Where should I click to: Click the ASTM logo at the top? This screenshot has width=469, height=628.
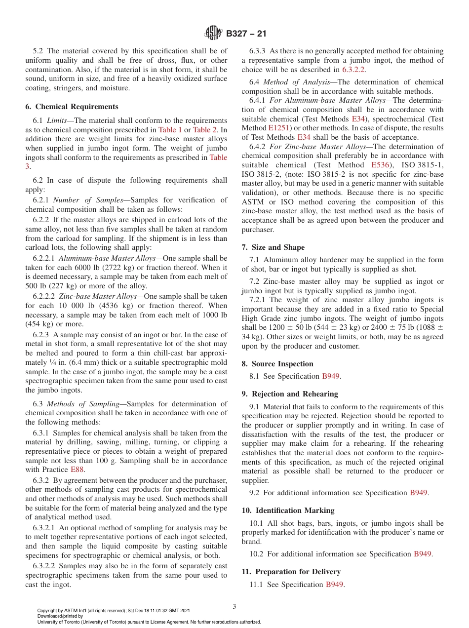pyautogui.click(x=213, y=34)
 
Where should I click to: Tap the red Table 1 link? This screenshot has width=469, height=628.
pyautogui.click(x=170, y=130)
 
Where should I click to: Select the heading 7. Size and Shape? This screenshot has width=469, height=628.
pyautogui.click(x=273, y=247)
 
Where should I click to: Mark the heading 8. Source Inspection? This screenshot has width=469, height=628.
pyautogui.click(x=277, y=364)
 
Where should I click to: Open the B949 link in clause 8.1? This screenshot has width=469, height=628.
pyautogui.click(x=331, y=376)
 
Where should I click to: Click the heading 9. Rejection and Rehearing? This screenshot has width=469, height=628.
pyautogui.click(x=290, y=394)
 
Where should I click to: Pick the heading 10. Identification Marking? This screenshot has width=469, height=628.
pyautogui.click(x=288, y=510)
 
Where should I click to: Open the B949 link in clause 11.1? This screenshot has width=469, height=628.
pyautogui.click(x=334, y=585)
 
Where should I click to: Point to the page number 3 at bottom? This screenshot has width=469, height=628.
pyautogui.click(x=234, y=606)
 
